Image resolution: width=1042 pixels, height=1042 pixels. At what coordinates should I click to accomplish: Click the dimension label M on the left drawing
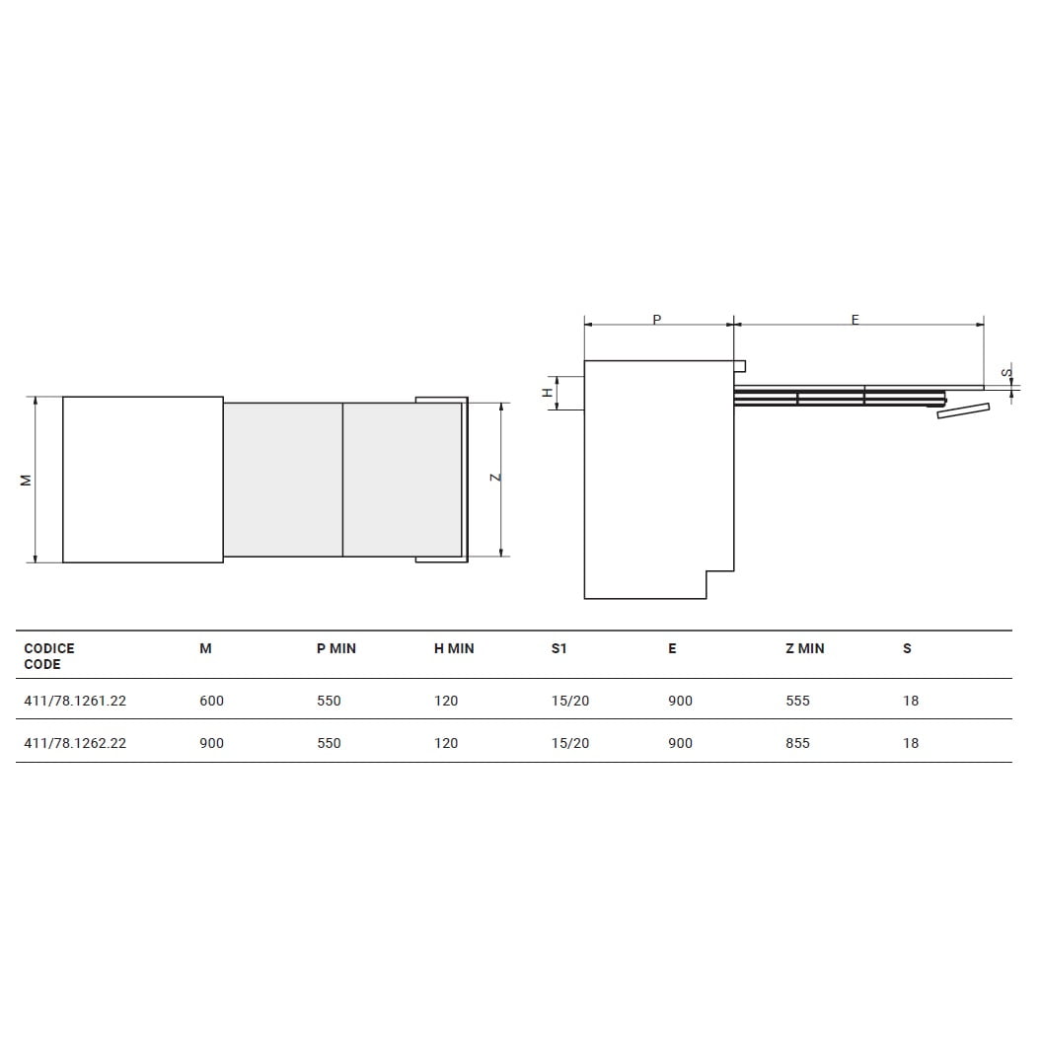(27, 480)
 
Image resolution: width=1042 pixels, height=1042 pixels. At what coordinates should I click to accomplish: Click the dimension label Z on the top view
(497, 478)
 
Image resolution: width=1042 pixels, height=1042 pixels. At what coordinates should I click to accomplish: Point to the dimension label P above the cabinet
(657, 319)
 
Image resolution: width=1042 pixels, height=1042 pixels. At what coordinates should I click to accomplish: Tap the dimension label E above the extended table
(855, 319)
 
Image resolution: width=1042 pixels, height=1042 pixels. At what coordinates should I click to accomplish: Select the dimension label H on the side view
(548, 393)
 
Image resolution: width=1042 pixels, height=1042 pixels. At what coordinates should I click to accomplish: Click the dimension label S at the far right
(1005, 372)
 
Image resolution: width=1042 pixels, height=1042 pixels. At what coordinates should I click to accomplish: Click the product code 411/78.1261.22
(75, 701)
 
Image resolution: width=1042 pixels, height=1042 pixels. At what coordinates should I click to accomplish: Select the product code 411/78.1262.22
(75, 743)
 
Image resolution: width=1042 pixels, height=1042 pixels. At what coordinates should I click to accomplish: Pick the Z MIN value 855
(797, 743)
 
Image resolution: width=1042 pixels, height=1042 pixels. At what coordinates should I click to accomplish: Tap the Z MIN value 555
(797, 701)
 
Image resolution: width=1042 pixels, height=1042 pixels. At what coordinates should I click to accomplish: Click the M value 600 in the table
(211, 701)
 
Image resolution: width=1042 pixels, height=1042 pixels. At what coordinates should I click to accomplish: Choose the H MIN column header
(454, 648)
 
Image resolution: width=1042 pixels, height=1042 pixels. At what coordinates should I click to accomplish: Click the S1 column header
(559, 648)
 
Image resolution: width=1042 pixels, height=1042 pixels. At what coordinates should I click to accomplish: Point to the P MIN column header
(336, 648)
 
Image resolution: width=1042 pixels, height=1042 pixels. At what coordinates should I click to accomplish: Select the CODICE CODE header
(49, 656)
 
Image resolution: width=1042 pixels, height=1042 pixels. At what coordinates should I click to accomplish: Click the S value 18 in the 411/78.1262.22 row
(910, 743)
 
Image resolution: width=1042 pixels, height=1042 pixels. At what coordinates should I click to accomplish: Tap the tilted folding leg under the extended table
(963, 410)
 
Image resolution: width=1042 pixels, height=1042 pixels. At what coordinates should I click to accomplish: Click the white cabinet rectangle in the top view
(143, 480)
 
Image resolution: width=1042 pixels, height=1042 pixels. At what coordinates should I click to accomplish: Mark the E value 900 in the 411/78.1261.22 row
(680, 701)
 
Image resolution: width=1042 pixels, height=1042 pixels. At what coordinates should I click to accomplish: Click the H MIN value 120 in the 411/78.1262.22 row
(446, 743)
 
